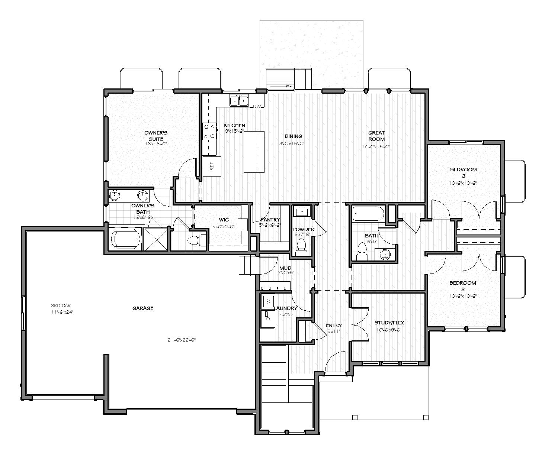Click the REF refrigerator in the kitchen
pos(212,166)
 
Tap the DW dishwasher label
pos(257,107)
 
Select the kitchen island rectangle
pos(254,152)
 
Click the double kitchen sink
pos(239,100)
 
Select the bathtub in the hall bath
pos(369,214)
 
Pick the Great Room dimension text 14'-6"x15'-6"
pos(376,146)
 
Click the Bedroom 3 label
pos(463,172)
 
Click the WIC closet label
pos(224,220)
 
